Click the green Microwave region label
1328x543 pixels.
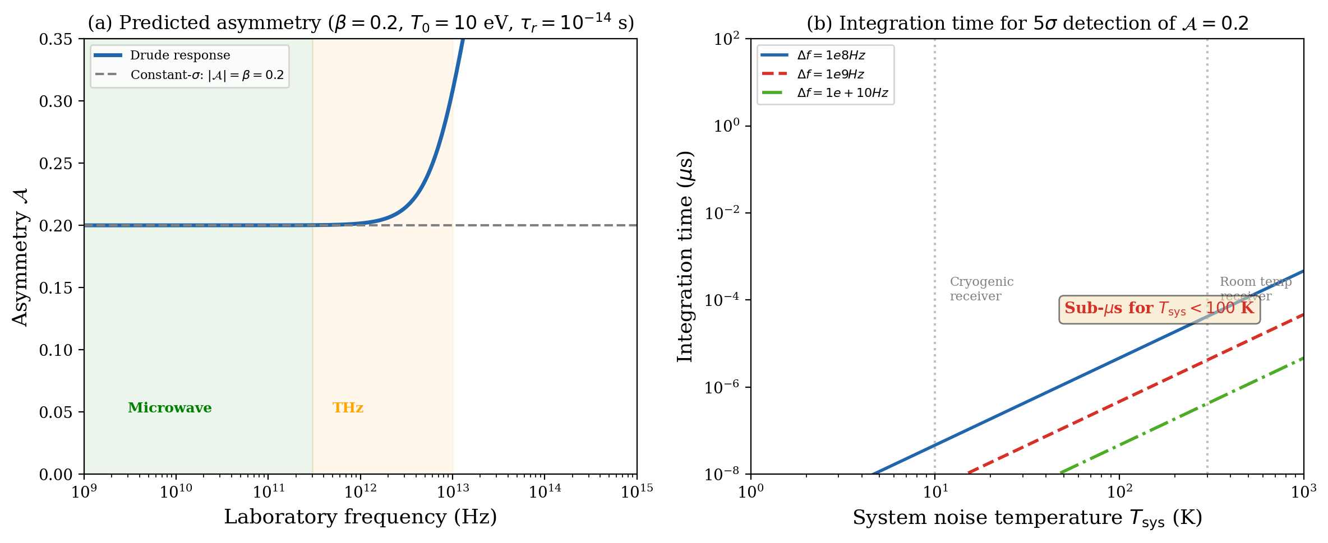(x=169, y=408)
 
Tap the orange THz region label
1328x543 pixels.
(x=348, y=408)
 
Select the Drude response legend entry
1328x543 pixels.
(x=179, y=55)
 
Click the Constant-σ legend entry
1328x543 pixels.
(x=206, y=75)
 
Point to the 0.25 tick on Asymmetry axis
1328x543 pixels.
(x=56, y=164)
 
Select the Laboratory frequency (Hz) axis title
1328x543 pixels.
(x=360, y=517)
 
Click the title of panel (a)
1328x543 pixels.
(x=360, y=23)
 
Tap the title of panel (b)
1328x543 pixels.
(x=1027, y=23)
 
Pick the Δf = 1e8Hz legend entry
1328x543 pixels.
(x=831, y=55)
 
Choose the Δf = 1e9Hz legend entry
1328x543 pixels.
(x=830, y=75)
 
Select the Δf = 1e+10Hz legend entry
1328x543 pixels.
(x=842, y=93)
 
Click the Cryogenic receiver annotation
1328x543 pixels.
(x=981, y=289)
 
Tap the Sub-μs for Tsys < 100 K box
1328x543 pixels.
(x=1159, y=309)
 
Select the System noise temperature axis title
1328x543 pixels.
(x=1027, y=518)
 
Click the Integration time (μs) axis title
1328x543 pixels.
(x=685, y=257)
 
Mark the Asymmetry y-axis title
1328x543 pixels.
(x=20, y=257)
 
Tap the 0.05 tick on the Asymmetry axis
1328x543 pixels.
(x=56, y=412)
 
